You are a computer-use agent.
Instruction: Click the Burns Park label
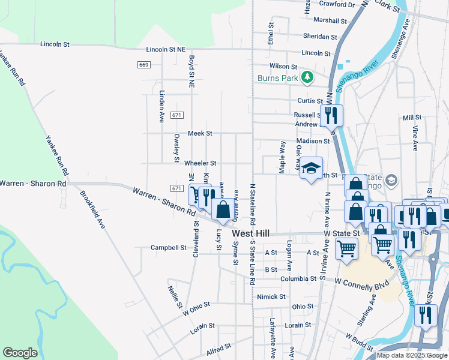pyautogui.click(x=278, y=78)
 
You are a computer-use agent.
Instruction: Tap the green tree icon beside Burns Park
pyautogui.click(x=307, y=77)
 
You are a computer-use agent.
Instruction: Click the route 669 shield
pyautogui.click(x=143, y=65)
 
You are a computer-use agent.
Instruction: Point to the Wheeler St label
pyautogui.click(x=200, y=163)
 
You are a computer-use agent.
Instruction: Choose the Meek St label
pyautogui.click(x=200, y=133)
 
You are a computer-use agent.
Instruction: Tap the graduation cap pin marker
pyautogui.click(x=312, y=169)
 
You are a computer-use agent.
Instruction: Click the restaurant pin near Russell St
pyautogui.click(x=331, y=114)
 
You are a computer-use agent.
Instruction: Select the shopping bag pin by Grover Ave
pyautogui.click(x=223, y=210)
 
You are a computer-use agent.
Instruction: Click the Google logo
pyautogui.click(x=20, y=353)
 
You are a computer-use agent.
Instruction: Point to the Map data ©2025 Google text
pyautogui.click(x=412, y=355)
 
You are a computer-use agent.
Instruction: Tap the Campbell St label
pyautogui.click(x=169, y=247)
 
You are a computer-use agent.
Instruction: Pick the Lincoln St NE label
pyautogui.click(x=172, y=50)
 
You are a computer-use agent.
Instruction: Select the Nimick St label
pyautogui.click(x=271, y=296)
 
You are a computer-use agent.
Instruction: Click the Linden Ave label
pyautogui.click(x=162, y=107)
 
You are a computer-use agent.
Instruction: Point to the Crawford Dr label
pyautogui.click(x=337, y=4)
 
